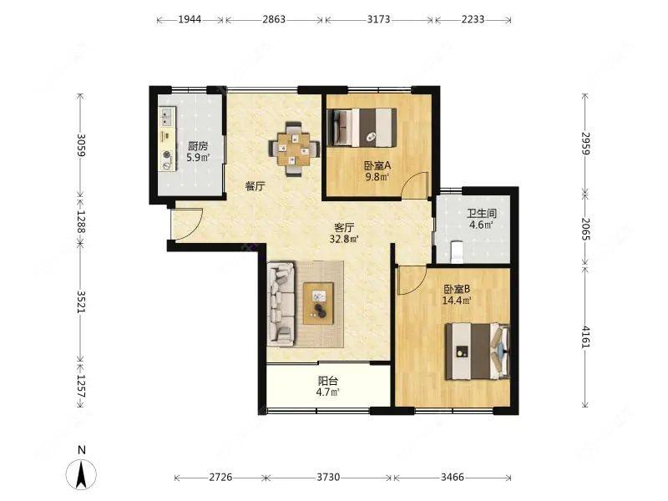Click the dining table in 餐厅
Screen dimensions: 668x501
pyautogui.click(x=294, y=149)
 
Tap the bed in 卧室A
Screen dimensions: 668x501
pyautogui.click(x=362, y=128)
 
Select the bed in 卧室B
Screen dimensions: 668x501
pyautogui.click(x=478, y=352)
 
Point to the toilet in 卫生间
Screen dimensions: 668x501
pyautogui.click(x=457, y=252)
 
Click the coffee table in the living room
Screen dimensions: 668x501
pyautogui.click(x=318, y=303)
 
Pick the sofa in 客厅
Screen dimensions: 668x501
pyautogui.click(x=281, y=303)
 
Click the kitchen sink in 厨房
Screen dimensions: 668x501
pyautogui.click(x=168, y=117)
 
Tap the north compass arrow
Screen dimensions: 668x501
pyautogui.click(x=81, y=474)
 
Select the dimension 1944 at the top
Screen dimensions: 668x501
pyautogui.click(x=190, y=19)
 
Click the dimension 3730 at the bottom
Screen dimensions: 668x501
pyautogui.click(x=328, y=477)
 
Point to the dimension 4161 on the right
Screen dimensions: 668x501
pyautogui.click(x=586, y=337)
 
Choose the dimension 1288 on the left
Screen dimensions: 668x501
pyautogui.click(x=81, y=222)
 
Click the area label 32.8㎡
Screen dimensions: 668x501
pyautogui.click(x=344, y=239)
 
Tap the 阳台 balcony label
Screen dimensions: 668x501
pyautogui.click(x=327, y=381)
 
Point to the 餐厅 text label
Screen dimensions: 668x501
pyautogui.click(x=256, y=186)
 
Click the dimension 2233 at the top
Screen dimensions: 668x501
pyautogui.click(x=473, y=19)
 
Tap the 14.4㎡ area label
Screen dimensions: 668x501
pyautogui.click(x=457, y=301)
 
